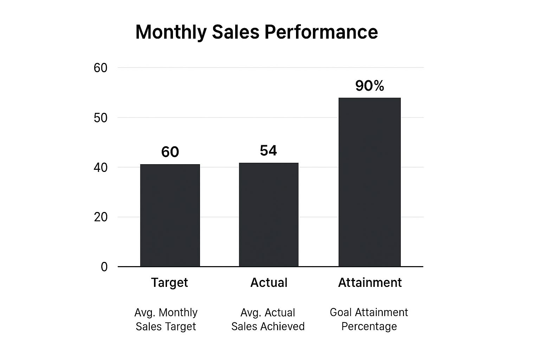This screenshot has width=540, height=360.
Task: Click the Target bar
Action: [170, 215]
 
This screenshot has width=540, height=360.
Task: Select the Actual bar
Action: [269, 214]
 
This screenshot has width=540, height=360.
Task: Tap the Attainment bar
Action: [369, 182]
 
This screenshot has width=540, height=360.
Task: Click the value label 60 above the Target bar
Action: [170, 152]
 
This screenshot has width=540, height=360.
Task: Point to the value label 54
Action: [268, 150]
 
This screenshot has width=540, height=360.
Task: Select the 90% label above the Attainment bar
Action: [369, 86]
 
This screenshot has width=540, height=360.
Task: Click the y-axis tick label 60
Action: [101, 68]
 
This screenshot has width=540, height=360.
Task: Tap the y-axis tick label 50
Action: [101, 118]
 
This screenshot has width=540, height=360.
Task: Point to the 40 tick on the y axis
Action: [101, 168]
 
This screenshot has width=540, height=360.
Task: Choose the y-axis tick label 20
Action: [101, 217]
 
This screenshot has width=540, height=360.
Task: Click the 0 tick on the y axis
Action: [104, 267]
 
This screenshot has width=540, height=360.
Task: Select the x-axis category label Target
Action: [169, 283]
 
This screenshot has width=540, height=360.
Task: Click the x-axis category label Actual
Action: [269, 283]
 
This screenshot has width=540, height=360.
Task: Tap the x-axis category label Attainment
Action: [370, 283]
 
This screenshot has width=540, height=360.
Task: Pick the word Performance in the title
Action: [321, 32]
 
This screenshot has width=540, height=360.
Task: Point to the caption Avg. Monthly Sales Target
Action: [166, 320]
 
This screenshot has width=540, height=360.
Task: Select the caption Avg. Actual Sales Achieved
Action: [268, 320]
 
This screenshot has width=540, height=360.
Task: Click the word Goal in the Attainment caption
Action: [341, 312]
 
